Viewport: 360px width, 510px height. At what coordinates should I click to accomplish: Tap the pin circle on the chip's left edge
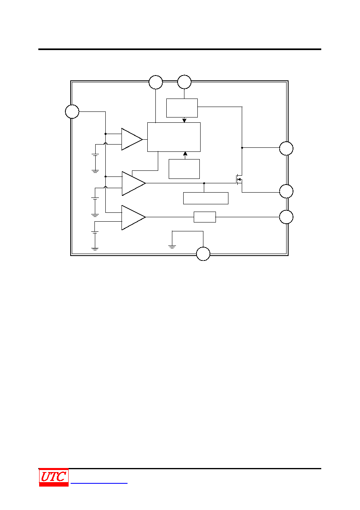[x=72, y=111]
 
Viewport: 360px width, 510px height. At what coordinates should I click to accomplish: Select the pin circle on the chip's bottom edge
[x=203, y=254]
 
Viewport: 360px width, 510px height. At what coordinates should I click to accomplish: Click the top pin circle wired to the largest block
[x=156, y=82]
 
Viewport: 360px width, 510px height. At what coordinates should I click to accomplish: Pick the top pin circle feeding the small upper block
[x=184, y=82]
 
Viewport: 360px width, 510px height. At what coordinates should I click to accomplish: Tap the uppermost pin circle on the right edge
[x=286, y=149]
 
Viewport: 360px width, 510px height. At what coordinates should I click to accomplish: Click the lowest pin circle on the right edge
[x=286, y=217]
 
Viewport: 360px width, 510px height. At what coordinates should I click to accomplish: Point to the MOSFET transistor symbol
[x=239, y=180]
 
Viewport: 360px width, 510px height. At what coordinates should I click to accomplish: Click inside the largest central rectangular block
[x=174, y=137]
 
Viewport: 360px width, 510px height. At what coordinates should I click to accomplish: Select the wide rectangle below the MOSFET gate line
[x=206, y=198]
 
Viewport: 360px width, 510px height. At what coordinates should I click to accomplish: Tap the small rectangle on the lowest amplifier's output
[x=205, y=217]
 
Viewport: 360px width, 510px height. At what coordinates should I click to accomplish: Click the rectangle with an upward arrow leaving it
[x=184, y=169]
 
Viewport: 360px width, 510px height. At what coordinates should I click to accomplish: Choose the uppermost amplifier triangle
[x=132, y=139]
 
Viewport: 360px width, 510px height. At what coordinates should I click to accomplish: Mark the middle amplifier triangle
[x=134, y=183]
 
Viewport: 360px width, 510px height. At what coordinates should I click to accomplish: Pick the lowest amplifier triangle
[x=133, y=217]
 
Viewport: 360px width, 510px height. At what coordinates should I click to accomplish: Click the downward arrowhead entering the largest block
[x=184, y=120]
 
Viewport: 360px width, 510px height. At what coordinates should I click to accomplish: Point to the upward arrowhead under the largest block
[x=185, y=154]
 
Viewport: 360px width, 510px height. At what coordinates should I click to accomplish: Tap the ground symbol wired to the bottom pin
[x=172, y=247]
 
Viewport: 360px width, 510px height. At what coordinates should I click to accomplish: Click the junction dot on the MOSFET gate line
[x=204, y=183]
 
